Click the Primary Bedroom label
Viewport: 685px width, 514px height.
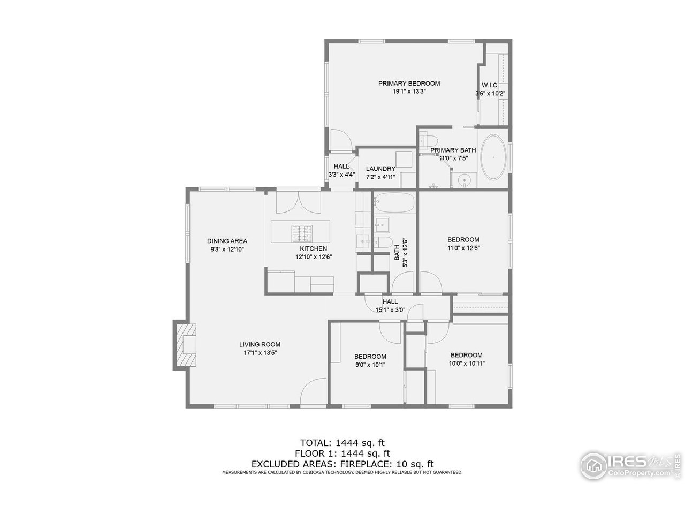409,84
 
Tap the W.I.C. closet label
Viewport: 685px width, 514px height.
490,86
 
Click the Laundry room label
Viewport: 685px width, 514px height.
380,169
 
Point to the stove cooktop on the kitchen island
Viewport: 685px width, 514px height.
302,233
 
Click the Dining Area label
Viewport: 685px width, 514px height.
227,241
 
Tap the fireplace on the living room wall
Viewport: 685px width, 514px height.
185,345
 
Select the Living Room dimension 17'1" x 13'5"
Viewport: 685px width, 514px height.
260,353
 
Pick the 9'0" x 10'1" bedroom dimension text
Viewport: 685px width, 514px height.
370,365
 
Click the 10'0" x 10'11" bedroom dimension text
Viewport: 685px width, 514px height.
466,363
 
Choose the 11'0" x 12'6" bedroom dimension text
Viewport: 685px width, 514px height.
463,248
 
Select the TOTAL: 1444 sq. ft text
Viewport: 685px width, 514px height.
342,443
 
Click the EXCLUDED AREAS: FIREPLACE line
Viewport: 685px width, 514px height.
342,464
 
